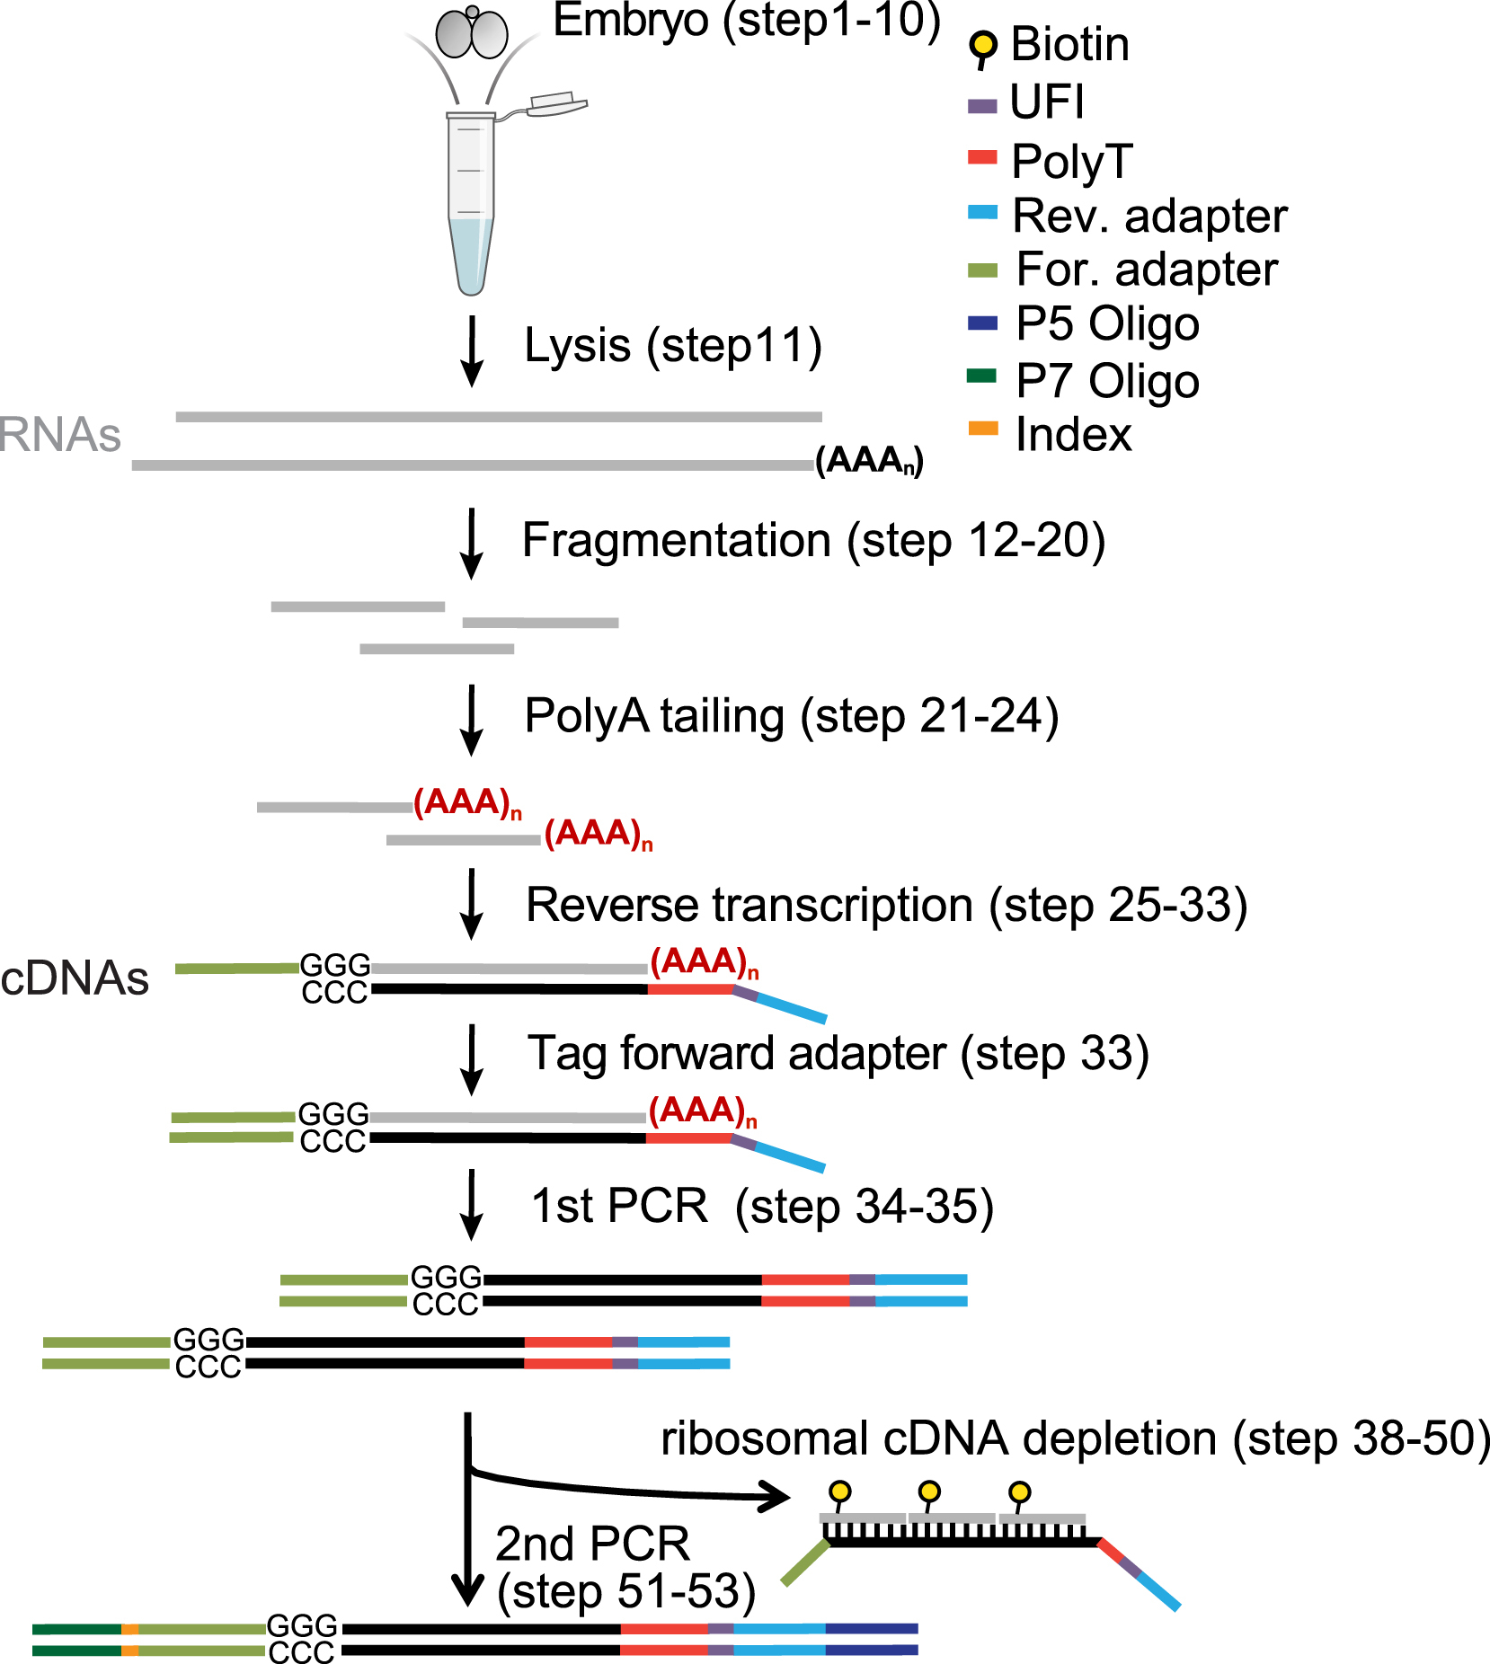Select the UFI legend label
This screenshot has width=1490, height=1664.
click(1047, 102)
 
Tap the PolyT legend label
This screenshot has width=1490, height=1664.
click(1071, 161)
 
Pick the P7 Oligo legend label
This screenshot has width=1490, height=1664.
click(1107, 381)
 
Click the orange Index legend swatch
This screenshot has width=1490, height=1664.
click(982, 429)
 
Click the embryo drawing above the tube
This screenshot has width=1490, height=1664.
click(472, 34)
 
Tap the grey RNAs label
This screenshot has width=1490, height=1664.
click(59, 435)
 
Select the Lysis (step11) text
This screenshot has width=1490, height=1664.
click(673, 346)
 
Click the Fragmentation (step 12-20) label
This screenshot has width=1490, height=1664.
click(813, 541)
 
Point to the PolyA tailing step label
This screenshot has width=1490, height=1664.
click(792, 717)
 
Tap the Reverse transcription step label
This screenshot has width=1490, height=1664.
click(886, 905)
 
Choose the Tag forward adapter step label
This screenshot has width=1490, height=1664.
click(838, 1054)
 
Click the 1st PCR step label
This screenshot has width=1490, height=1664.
click(762, 1206)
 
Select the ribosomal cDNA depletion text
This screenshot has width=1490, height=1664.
click(1075, 1438)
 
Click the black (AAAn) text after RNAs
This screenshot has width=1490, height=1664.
click(869, 460)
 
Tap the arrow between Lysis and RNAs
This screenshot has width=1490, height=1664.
click(472, 351)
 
